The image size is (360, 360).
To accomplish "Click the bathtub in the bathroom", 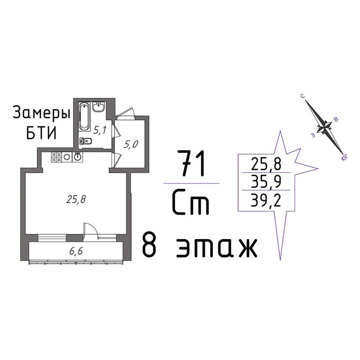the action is click(85, 116).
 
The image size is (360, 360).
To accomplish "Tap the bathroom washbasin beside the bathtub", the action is click(99, 107).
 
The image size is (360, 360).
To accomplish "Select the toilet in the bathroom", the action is click(86, 140).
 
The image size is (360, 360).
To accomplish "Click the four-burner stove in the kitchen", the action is click(57, 157).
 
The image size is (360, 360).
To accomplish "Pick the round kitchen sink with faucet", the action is click(78, 157).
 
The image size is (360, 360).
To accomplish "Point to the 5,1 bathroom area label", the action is click(100, 131).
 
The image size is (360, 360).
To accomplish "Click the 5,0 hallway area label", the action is click(131, 145).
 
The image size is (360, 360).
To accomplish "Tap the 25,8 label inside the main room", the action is click(76, 200).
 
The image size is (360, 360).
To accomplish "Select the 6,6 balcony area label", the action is click(76, 251).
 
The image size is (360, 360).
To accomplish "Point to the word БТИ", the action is click(41, 133).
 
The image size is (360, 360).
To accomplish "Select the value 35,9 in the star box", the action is click(266, 181).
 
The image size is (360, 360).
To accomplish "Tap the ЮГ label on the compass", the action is click(345, 158).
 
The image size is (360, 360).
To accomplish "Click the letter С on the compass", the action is click(303, 96).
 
